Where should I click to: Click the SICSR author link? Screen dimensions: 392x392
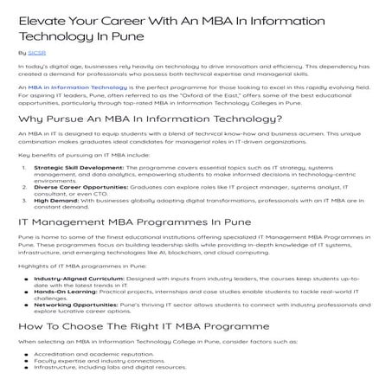tap(35, 53)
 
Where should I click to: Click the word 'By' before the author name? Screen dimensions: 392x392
tap(22, 53)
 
